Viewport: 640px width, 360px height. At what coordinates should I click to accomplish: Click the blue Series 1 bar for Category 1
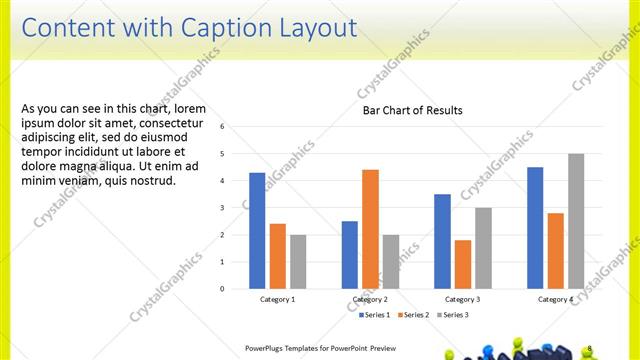[x=257, y=231]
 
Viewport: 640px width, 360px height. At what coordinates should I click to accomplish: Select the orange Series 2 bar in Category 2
[x=370, y=229]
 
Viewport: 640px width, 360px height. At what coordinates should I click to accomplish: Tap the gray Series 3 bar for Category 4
[x=575, y=221]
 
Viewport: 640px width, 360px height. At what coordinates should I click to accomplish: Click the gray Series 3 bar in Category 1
[x=297, y=262]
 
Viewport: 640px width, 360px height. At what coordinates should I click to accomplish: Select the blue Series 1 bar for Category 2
[x=349, y=255]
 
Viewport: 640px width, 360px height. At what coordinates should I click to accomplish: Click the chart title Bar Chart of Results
[x=412, y=110]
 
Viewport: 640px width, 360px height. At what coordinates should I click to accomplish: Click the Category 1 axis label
[x=277, y=299]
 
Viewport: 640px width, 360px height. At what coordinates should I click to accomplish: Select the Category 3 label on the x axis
[x=462, y=299]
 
